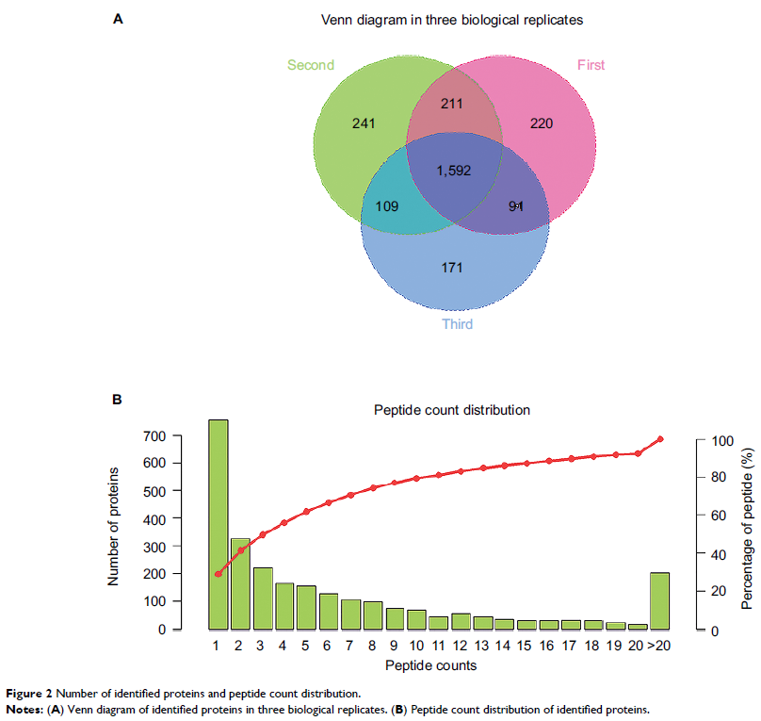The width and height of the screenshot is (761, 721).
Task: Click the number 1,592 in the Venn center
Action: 453,171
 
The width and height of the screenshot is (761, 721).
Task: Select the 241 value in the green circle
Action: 364,123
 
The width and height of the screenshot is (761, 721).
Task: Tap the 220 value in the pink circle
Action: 542,123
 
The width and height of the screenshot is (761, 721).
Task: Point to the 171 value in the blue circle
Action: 453,269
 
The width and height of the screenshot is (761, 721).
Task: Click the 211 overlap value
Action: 453,103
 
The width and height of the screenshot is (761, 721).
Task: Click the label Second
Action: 311,65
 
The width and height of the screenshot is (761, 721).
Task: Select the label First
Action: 591,65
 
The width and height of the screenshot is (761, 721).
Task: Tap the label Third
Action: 458,324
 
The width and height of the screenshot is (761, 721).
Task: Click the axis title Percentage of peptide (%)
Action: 746,528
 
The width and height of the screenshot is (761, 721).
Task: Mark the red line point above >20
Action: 659,439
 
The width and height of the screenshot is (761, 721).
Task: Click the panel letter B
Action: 118,400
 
